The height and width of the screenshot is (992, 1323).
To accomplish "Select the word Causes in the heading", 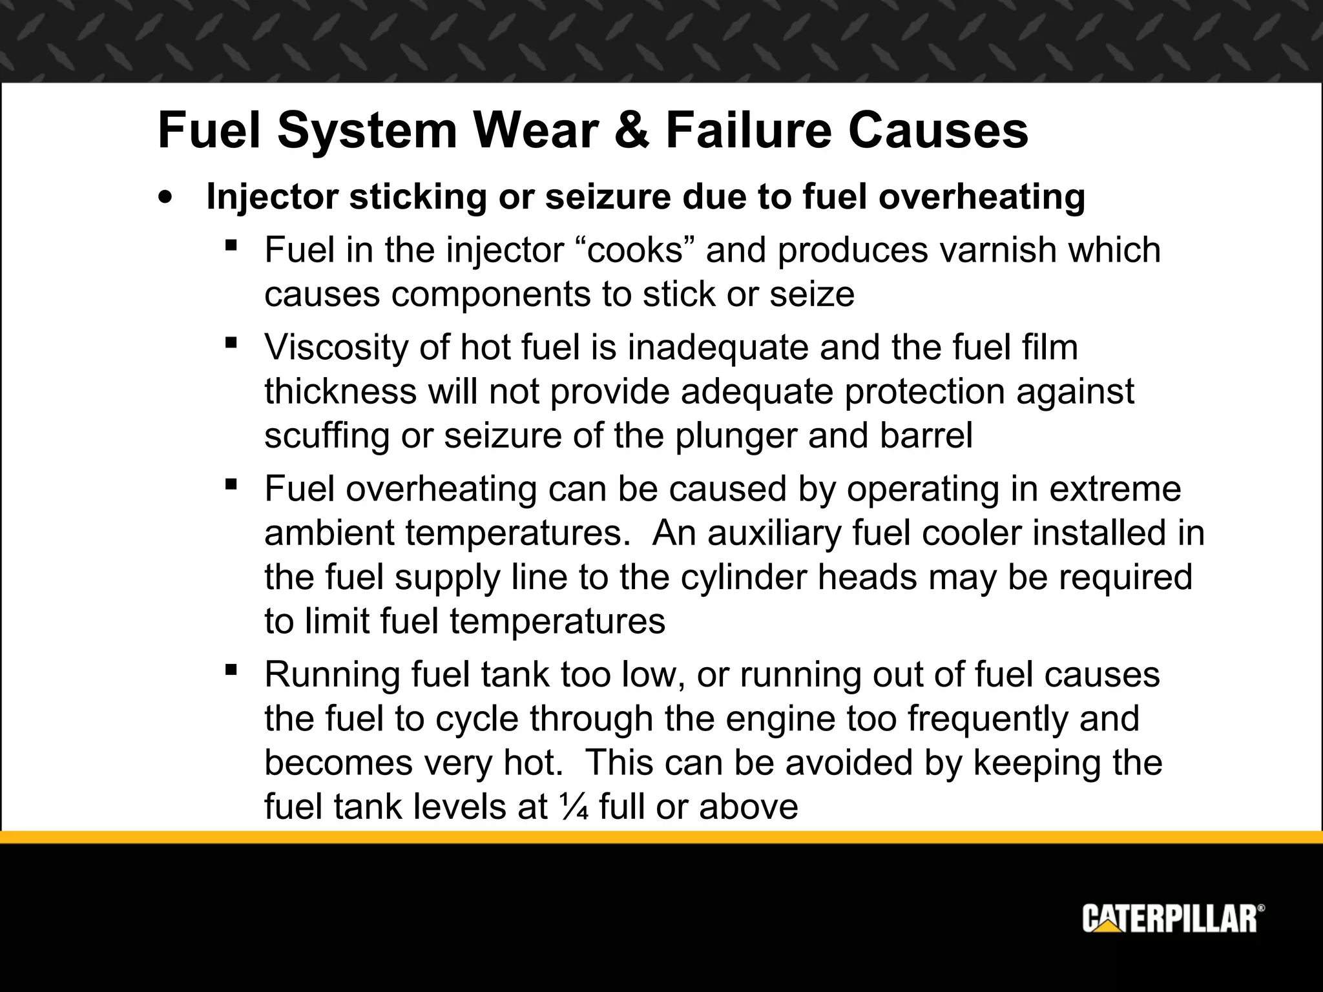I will tap(937, 131).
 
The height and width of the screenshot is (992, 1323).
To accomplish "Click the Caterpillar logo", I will tap(1173, 919).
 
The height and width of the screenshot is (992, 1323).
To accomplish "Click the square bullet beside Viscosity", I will tap(231, 342).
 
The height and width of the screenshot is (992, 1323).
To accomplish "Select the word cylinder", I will tap(746, 577).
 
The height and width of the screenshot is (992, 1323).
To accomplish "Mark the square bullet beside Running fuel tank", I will tap(231, 669).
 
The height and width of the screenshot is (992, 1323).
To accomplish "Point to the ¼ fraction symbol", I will tap(572, 807).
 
